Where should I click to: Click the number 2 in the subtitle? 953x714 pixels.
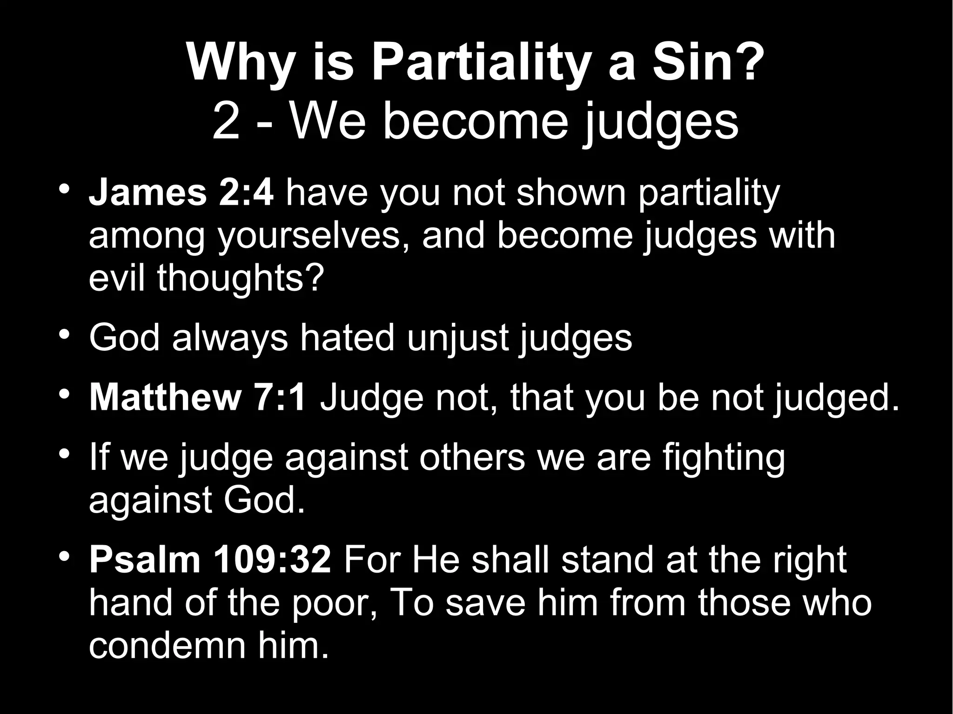[x=226, y=122]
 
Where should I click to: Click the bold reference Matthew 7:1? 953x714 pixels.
[x=198, y=398]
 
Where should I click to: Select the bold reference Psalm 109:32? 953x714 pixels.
[x=210, y=561]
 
